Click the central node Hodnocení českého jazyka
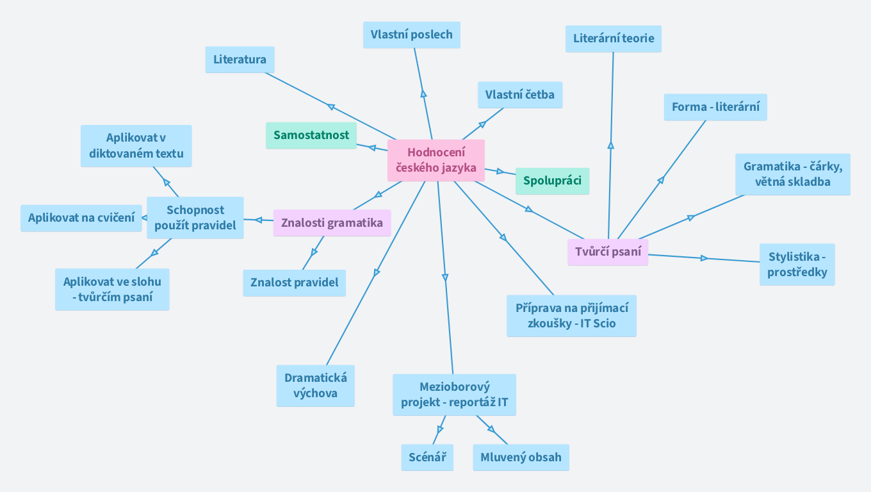(x=436, y=160)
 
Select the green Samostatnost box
(x=311, y=135)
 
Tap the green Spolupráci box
(x=552, y=181)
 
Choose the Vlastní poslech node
(x=411, y=35)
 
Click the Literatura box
(x=240, y=60)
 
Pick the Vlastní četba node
(x=519, y=95)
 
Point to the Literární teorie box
(x=614, y=38)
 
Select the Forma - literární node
(x=715, y=107)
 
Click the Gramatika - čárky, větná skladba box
(x=792, y=174)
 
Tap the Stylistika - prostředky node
(x=797, y=265)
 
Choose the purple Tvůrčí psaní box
(x=608, y=252)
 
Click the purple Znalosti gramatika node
(x=332, y=223)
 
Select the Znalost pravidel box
(x=294, y=283)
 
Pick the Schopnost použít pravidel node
(x=195, y=218)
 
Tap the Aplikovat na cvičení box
(x=81, y=218)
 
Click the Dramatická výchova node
(x=315, y=386)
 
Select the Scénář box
(x=427, y=457)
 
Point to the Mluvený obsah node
(x=521, y=457)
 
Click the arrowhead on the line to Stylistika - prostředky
(x=704, y=258)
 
